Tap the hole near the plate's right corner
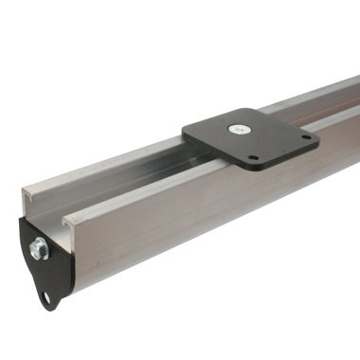pyautogui.click(x=305, y=137)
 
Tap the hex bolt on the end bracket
pyautogui.click(x=39, y=250)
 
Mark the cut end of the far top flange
pyautogui.click(x=30, y=193)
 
